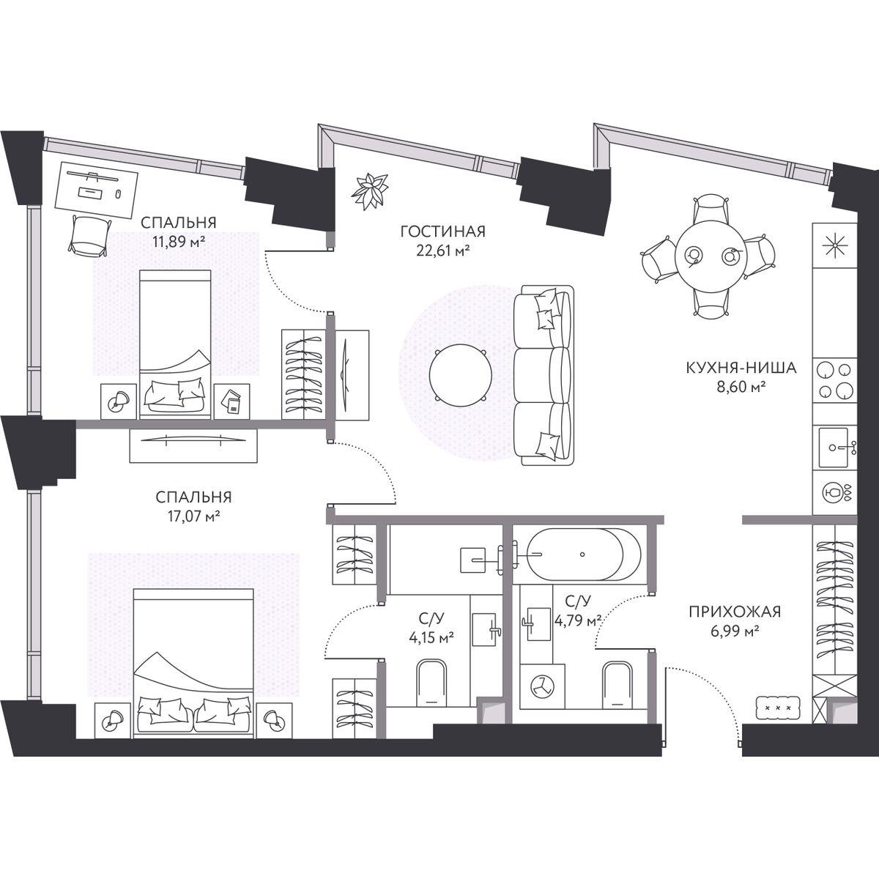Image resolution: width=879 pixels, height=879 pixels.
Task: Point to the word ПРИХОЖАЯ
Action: click(735, 612)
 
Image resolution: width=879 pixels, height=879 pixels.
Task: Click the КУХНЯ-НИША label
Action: click(741, 368)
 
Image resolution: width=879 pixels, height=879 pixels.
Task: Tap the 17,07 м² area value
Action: click(194, 516)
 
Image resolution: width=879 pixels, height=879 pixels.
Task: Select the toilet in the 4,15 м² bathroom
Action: click(431, 683)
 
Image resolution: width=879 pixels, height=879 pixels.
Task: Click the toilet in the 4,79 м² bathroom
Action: click(617, 685)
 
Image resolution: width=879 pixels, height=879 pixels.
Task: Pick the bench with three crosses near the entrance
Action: click(778, 708)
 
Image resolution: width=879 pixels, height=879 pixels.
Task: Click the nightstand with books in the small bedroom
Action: click(231, 401)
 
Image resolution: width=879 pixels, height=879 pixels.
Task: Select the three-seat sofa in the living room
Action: click(544, 375)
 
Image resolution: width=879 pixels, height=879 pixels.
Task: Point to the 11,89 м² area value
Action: click(178, 242)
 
